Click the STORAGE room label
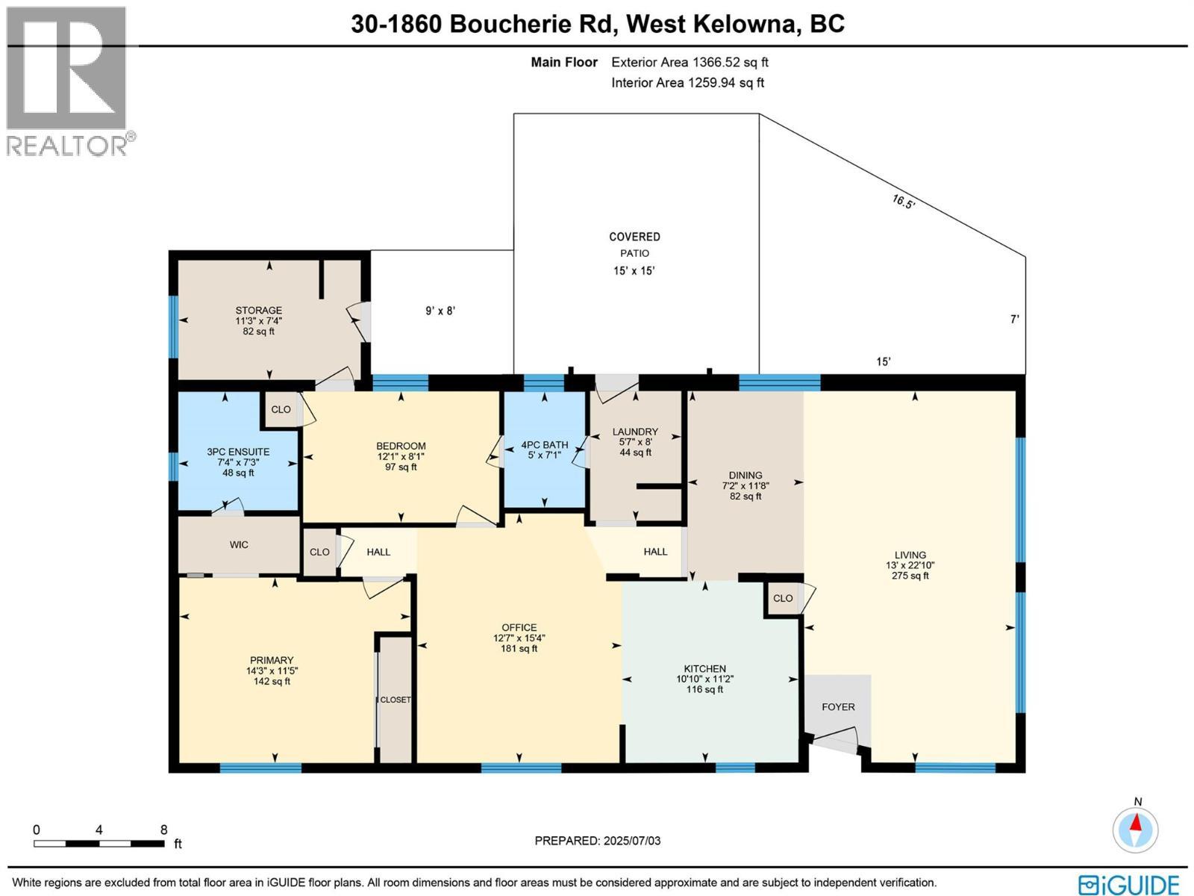[258, 311]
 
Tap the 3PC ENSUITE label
[238, 452]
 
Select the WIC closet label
[239, 545]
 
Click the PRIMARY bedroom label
[272, 660]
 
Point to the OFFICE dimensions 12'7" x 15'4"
[519, 638]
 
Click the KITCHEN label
[704, 669]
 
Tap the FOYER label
[838, 706]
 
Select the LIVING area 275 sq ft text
[910, 576]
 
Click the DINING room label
[746, 475]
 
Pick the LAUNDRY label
[635, 432]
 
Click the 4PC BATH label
[545, 445]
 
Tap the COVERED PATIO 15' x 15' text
[634, 271]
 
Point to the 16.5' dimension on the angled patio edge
[903, 202]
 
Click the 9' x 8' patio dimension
[440, 311]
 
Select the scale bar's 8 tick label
[163, 830]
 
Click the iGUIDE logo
[1130, 884]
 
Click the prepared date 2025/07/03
[630, 841]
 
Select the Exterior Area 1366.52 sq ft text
[690, 63]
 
